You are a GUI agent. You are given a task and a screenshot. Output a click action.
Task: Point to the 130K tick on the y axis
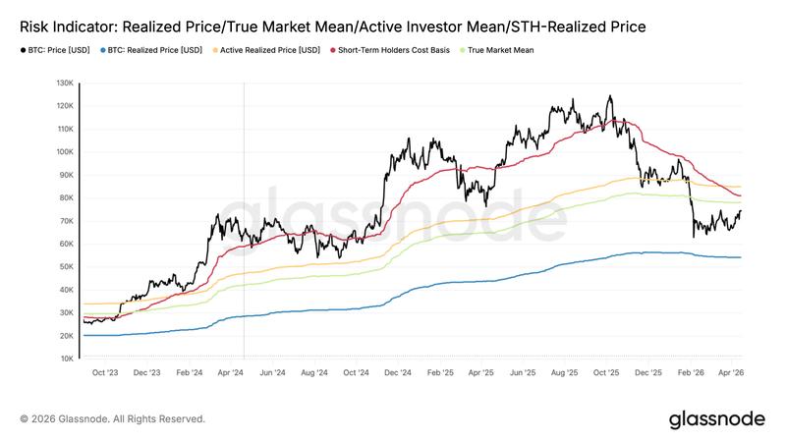click(x=66, y=83)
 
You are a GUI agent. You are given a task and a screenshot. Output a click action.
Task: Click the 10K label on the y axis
click(x=68, y=359)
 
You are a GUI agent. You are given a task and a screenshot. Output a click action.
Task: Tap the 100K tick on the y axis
click(x=66, y=152)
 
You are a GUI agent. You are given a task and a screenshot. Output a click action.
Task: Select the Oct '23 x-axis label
click(x=104, y=373)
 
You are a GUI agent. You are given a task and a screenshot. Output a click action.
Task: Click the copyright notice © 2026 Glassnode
click(x=112, y=419)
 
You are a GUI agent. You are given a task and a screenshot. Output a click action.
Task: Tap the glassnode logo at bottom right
click(x=716, y=419)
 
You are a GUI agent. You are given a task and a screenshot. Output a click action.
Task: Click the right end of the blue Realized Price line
click(x=741, y=257)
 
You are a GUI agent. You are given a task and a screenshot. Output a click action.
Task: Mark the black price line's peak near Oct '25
click(x=610, y=96)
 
